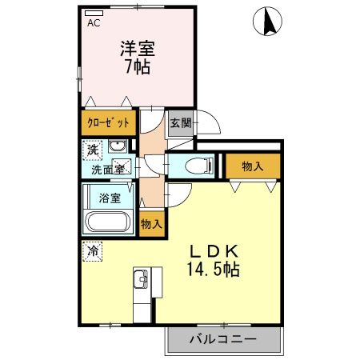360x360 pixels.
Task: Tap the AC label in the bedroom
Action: pos(94,23)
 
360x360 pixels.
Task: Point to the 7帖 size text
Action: pos(138,67)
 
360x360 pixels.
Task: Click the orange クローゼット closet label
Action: pos(108,124)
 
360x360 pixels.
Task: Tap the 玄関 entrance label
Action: pos(180,123)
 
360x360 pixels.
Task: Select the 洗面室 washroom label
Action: pos(106,169)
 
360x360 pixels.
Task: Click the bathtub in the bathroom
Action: pos(110,222)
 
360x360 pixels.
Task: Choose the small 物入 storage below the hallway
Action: pos(150,223)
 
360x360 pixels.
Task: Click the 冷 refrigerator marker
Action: pos(93,250)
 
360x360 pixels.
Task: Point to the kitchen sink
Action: pos(140,281)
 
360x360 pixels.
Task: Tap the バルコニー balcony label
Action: pos(223,338)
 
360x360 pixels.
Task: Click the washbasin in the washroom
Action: pos(118,146)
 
